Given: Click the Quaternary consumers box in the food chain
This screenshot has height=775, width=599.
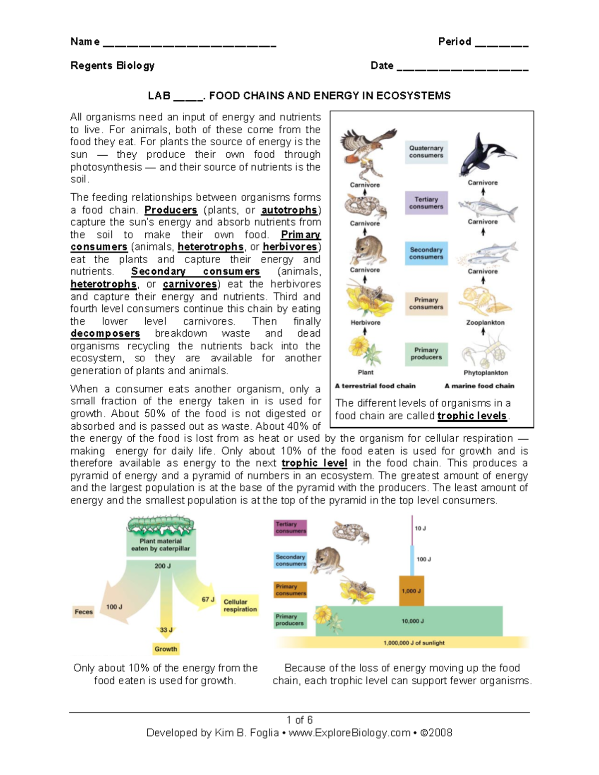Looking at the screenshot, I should [x=426, y=152].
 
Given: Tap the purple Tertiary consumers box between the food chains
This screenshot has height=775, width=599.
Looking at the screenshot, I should [x=426, y=203].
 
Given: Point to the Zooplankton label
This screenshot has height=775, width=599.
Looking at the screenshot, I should [x=485, y=322].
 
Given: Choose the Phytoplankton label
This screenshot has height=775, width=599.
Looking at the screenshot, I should [x=485, y=373].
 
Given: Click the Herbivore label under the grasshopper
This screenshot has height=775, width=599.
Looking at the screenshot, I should [x=365, y=322].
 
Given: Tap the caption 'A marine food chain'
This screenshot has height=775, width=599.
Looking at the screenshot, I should [x=479, y=386].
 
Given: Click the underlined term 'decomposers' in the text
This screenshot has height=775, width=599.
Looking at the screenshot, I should [x=105, y=333].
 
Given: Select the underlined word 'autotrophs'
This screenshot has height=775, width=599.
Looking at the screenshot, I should [x=289, y=210].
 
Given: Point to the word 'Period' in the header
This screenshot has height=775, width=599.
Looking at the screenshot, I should [x=454, y=41].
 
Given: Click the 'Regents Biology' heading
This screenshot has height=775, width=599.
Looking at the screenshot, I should [x=112, y=65].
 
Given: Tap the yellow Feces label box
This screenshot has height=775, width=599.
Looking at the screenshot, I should [x=83, y=612].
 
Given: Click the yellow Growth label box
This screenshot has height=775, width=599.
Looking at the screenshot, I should [x=166, y=649].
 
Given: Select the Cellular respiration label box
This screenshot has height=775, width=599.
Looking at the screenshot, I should [x=240, y=605].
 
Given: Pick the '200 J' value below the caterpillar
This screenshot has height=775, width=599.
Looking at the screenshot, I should [x=162, y=566].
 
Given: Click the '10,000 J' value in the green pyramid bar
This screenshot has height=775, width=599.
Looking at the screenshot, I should [x=412, y=621].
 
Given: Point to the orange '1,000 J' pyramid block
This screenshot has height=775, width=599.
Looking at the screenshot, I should [x=411, y=591].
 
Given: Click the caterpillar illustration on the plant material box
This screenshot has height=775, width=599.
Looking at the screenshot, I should [x=161, y=524].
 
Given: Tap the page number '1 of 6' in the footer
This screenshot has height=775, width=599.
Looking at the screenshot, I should [x=299, y=720].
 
